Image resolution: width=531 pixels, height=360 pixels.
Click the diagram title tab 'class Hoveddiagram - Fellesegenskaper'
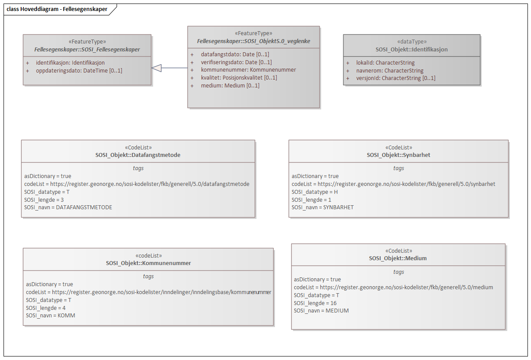[x=57, y=9]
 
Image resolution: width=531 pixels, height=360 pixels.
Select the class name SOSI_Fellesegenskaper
[x=87, y=49]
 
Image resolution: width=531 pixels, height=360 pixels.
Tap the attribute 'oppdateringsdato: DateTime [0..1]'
[x=79, y=70]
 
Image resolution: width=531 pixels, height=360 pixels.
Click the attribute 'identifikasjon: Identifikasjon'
[x=70, y=63]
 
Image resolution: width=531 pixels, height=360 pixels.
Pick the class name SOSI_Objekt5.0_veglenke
[x=253, y=41]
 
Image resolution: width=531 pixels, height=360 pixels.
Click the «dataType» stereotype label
[x=411, y=42]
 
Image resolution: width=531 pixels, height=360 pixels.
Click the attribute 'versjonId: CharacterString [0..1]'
[x=396, y=78]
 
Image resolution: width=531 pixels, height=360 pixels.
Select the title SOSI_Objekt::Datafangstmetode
[x=138, y=155]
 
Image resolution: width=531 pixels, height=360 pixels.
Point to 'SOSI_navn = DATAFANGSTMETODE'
[x=68, y=207]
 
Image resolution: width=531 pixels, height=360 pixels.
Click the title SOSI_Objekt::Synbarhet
[x=398, y=155]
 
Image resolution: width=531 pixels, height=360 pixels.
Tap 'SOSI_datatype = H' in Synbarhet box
[x=315, y=192]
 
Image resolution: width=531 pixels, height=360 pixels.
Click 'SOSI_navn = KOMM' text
[x=51, y=315]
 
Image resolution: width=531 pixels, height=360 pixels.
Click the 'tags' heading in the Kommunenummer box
[x=148, y=276]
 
